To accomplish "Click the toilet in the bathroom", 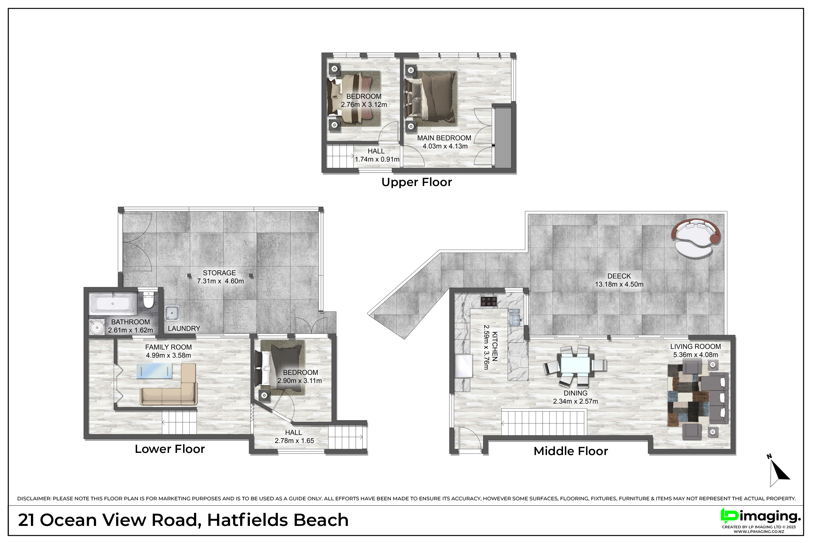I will [148, 301].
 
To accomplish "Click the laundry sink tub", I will [172, 313].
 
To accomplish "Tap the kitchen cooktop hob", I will [489, 301].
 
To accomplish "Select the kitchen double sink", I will [515, 317].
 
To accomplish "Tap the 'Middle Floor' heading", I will [570, 451].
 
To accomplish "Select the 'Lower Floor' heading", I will [170, 449].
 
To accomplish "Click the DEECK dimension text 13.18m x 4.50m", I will [619, 284].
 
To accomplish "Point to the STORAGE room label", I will [220, 273].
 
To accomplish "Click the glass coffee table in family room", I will [154, 371].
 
